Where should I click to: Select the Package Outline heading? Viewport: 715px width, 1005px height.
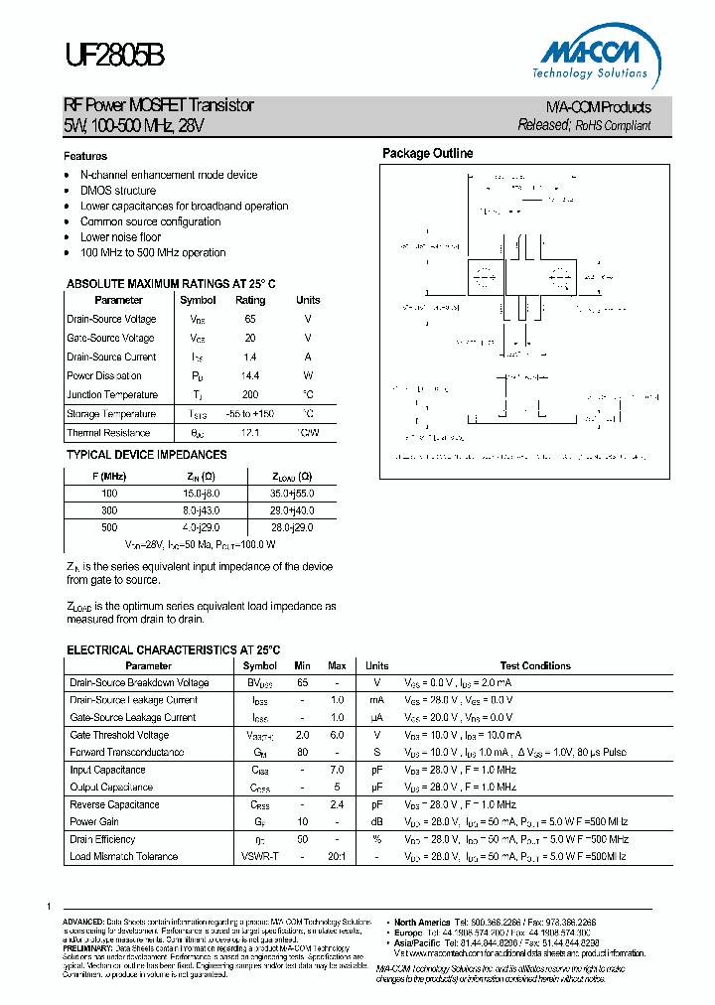click(428, 153)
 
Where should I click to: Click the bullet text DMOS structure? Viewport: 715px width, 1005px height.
click(118, 191)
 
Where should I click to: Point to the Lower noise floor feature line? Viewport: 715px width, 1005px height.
click(120, 237)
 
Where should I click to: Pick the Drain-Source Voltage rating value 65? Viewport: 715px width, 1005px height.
click(250, 319)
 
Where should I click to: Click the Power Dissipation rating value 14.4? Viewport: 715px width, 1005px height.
click(250, 375)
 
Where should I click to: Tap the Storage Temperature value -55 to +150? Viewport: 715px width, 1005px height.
click(250, 414)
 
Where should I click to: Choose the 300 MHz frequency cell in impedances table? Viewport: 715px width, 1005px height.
click(109, 509)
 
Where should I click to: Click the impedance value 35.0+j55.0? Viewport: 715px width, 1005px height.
click(292, 492)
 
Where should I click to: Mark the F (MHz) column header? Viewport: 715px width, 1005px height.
click(109, 475)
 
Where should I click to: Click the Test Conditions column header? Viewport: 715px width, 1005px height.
click(535, 665)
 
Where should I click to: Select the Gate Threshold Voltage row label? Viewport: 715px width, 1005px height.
click(119, 735)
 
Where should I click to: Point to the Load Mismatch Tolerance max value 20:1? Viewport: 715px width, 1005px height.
click(338, 856)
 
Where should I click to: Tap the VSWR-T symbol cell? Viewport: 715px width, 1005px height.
click(260, 856)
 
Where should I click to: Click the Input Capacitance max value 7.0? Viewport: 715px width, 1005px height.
click(338, 770)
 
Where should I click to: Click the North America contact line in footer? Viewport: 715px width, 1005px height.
click(497, 922)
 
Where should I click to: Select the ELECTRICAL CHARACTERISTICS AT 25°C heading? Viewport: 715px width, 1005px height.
click(174, 649)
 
